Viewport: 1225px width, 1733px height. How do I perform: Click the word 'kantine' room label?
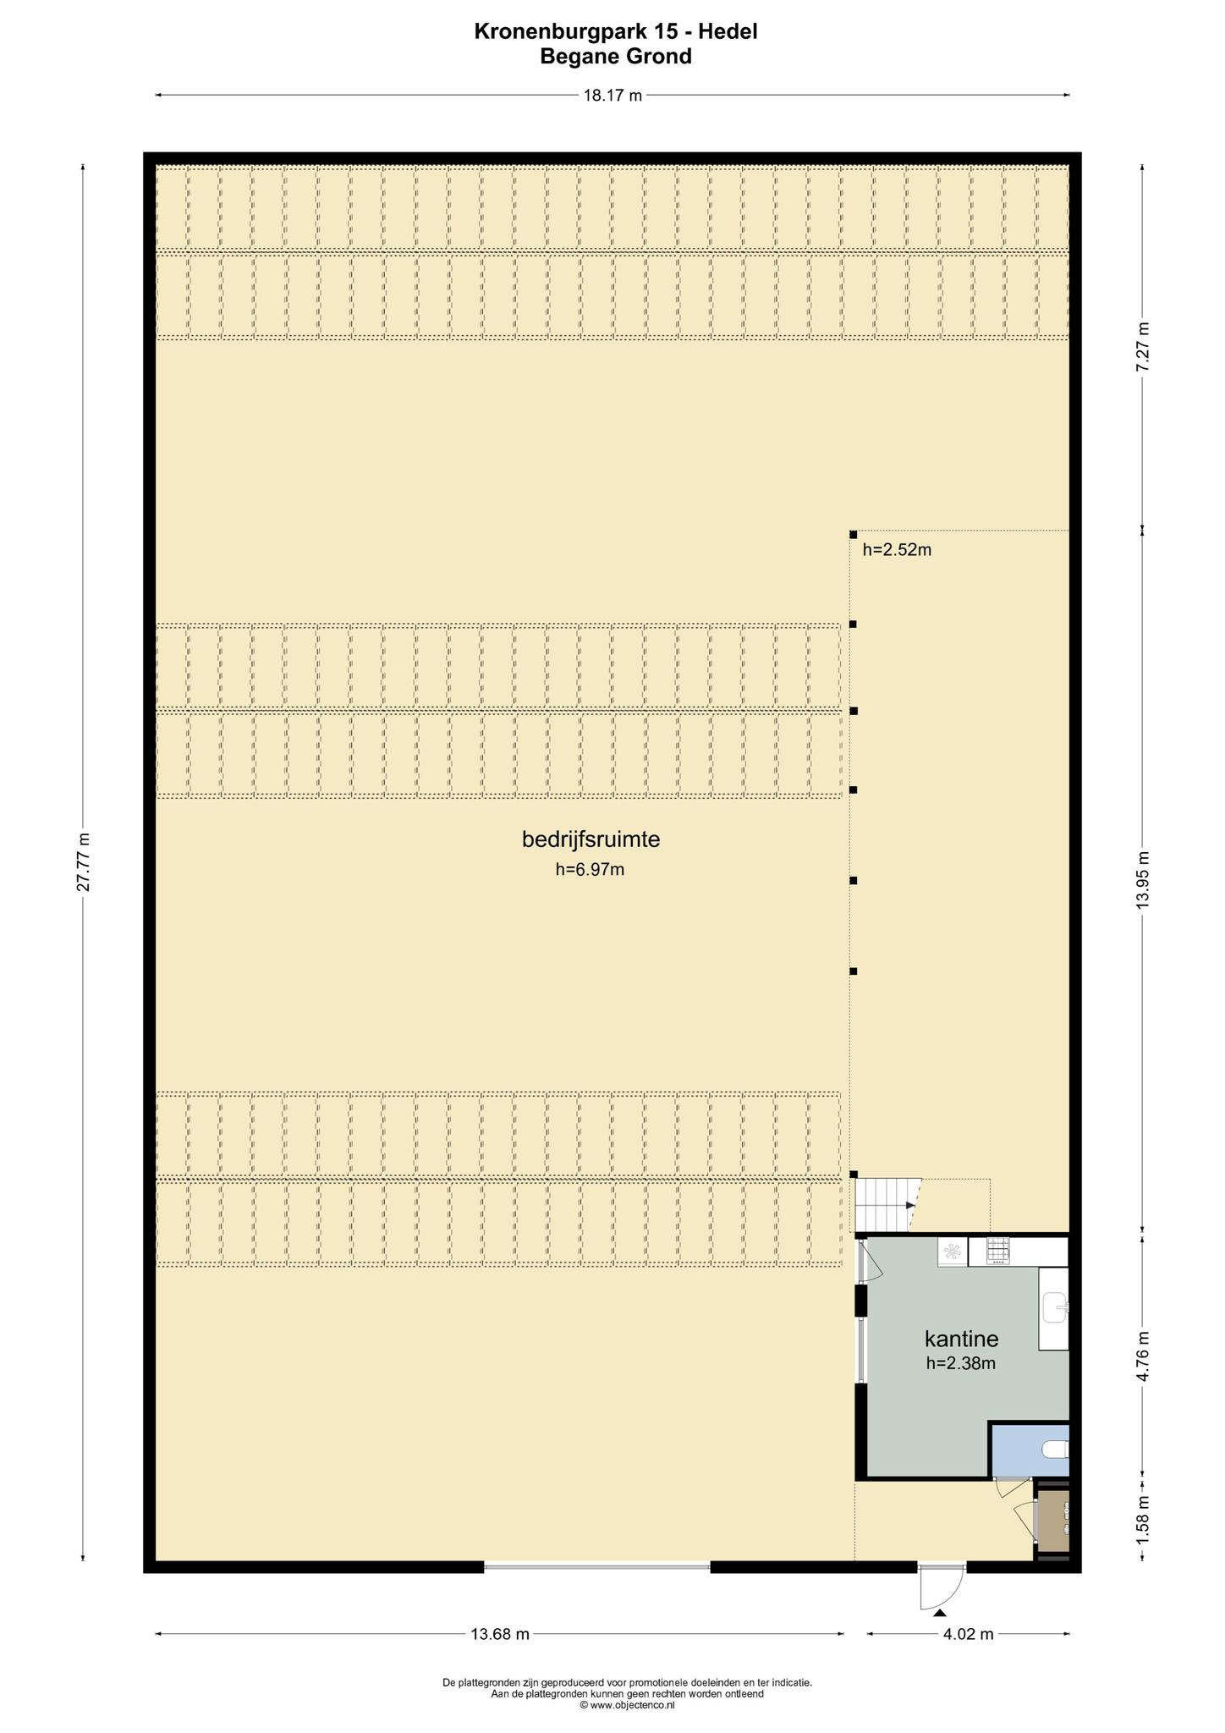(x=961, y=1340)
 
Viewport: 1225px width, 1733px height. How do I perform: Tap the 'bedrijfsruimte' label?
(x=591, y=839)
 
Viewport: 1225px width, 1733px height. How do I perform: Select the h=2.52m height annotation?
(x=897, y=550)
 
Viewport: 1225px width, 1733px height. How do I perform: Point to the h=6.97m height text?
(x=590, y=869)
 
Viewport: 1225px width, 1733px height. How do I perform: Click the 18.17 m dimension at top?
(x=612, y=96)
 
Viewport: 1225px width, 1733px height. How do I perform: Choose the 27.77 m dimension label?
(x=83, y=861)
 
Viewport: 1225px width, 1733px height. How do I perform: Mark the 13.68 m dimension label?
(x=499, y=1634)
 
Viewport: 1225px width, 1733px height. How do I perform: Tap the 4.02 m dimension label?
(x=968, y=1634)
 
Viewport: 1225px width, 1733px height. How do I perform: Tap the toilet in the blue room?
(x=1056, y=1450)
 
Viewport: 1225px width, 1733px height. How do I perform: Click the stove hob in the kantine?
(x=999, y=1252)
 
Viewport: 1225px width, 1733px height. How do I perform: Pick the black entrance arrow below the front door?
(x=941, y=1614)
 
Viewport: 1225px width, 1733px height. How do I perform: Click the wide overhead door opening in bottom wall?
(x=597, y=1566)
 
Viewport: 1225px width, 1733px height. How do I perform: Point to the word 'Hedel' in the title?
(x=728, y=31)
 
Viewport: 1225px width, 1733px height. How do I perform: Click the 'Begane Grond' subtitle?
(x=616, y=57)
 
